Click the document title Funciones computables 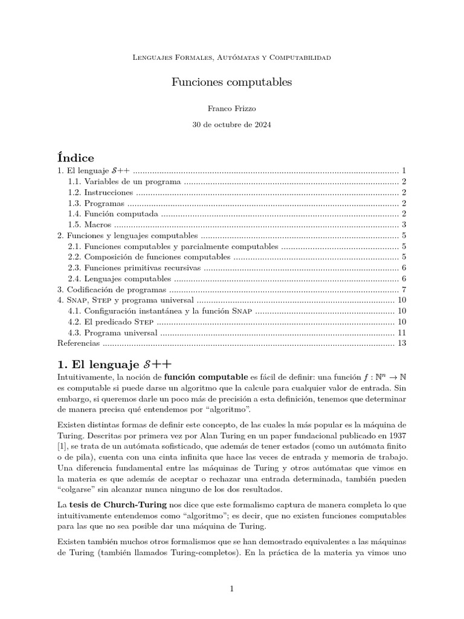[x=231, y=81]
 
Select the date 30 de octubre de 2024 [x=231, y=125]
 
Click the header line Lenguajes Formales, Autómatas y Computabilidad [x=231, y=57]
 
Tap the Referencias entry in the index [x=78, y=343]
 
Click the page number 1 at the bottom [x=231, y=589]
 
